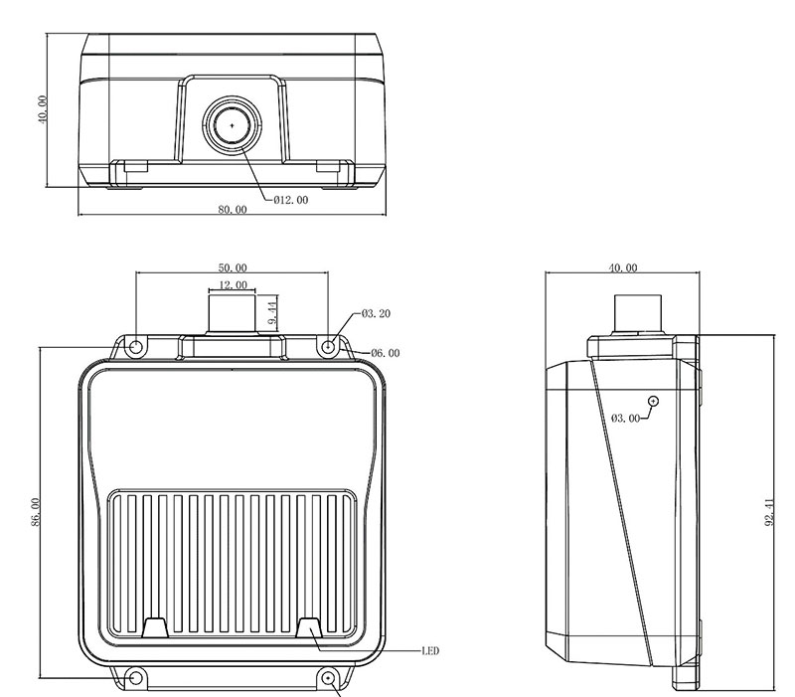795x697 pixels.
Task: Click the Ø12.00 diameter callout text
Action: [290, 201]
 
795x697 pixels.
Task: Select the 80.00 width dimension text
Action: [233, 210]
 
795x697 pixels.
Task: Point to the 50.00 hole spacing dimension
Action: [233, 267]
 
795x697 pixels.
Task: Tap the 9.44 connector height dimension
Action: [272, 313]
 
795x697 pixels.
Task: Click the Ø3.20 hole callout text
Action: [377, 314]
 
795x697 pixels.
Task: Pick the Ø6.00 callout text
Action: [386, 353]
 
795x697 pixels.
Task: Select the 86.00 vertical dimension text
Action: [36, 512]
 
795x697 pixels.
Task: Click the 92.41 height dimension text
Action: [769, 512]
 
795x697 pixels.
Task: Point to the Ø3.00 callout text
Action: [626, 419]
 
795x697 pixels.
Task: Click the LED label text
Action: [430, 651]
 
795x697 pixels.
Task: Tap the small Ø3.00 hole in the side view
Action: [654, 402]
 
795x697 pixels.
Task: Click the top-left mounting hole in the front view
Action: [136, 347]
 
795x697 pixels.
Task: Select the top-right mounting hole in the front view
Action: [329, 347]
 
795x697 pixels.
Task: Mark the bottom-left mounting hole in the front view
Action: [135, 678]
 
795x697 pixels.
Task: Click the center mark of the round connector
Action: [233, 125]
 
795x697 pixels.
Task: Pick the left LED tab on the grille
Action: [155, 627]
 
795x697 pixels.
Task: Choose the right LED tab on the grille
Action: [309, 627]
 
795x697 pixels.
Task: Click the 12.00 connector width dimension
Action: [233, 285]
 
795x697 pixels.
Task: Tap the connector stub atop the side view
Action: [638, 313]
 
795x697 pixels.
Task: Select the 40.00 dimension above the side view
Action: [623, 267]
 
